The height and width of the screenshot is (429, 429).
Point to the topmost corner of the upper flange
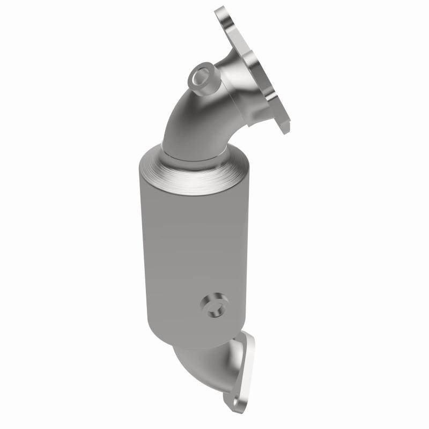(x=221, y=10)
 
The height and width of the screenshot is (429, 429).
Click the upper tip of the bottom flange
(x=248, y=335)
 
